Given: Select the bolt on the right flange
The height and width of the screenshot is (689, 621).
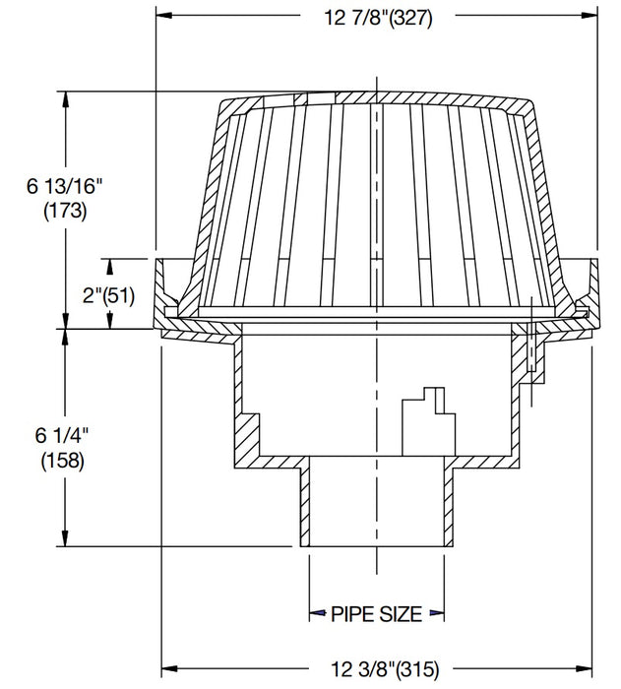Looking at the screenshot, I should click(530, 349).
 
